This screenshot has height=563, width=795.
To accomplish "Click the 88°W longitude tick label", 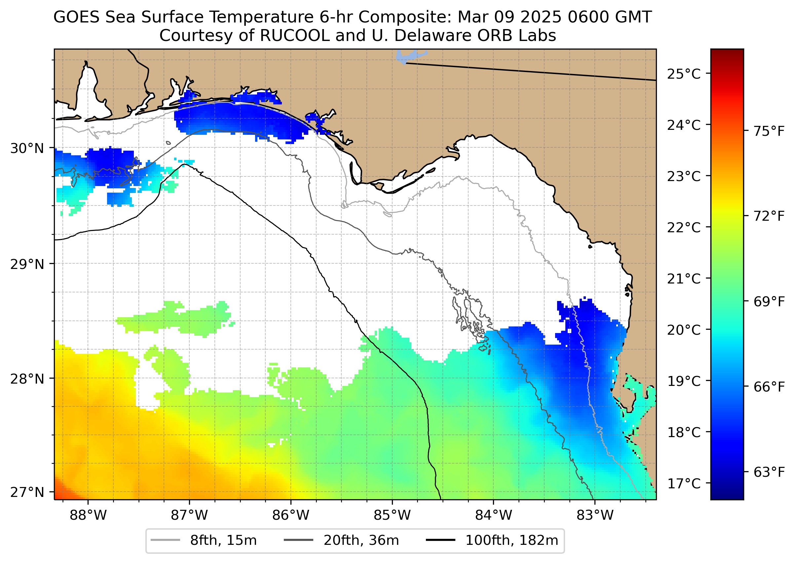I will [x=88, y=515].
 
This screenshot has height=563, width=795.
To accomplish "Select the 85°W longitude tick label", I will [x=392, y=515].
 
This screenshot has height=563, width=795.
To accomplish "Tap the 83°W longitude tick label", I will [x=595, y=515].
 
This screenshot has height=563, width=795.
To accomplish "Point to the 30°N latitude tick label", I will [x=27, y=148].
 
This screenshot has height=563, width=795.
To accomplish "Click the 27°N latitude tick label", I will [x=27, y=492].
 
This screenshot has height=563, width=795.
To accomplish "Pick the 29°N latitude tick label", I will [x=27, y=264].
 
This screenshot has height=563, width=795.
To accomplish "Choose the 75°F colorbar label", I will [x=769, y=131].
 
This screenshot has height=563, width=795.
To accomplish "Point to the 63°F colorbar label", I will [x=769, y=472].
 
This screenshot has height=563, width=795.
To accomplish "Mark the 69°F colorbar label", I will [x=769, y=302].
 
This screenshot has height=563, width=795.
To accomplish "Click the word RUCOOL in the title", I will [x=295, y=35].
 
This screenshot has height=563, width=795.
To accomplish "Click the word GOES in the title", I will [x=77, y=17].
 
